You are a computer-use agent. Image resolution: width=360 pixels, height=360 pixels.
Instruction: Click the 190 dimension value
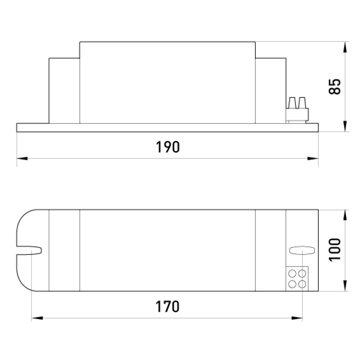(167, 147)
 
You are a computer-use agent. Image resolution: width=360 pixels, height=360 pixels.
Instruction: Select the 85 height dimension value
(335, 86)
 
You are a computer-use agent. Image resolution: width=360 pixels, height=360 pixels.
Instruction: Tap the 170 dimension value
(167, 306)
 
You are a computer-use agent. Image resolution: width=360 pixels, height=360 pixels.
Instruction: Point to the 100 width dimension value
(335, 250)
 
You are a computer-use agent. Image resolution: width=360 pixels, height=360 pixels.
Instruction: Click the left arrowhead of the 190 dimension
(22, 158)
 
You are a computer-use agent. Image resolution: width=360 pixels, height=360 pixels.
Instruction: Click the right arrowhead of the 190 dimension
(313, 158)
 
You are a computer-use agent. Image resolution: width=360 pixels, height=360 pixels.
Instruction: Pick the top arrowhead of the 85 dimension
(345, 47)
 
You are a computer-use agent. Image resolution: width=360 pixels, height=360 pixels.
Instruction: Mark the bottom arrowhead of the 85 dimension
(345, 126)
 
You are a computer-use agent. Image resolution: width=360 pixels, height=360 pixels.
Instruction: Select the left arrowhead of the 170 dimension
(37, 318)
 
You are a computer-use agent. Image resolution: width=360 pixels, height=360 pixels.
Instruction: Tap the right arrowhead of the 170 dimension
(297, 318)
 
